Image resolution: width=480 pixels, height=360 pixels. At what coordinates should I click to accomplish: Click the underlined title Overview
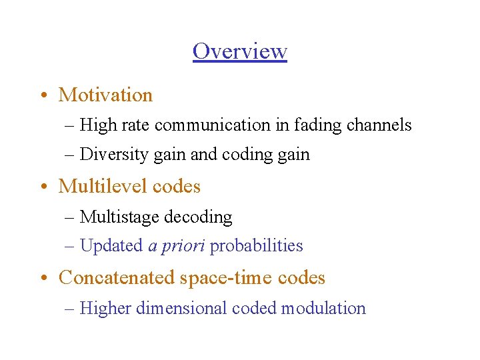[240, 51]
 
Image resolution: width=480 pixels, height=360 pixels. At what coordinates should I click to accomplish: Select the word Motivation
[105, 95]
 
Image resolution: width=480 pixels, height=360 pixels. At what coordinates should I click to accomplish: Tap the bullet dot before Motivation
[42, 95]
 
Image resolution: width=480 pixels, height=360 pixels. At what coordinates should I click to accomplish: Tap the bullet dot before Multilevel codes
[42, 187]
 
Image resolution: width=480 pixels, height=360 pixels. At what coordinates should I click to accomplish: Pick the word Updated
[111, 246]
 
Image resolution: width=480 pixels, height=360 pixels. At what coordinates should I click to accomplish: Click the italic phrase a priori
[176, 246]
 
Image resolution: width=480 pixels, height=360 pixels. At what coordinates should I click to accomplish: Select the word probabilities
[257, 246]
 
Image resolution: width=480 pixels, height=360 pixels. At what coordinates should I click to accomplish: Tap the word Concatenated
[117, 277]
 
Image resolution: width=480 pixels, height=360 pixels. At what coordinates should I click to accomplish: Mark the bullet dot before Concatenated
[42, 277]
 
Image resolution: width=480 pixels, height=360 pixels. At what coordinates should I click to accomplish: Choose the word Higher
[105, 308]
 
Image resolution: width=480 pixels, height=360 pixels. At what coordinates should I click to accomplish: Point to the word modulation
[323, 308]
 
